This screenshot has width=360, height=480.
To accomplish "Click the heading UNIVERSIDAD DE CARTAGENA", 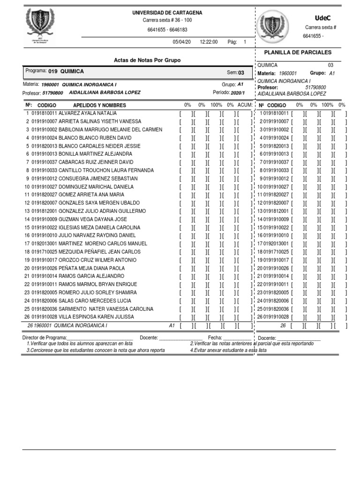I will click(167, 13).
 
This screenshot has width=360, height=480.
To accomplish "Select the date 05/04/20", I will click(182, 42).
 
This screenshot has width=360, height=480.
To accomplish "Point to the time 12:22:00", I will click(209, 42).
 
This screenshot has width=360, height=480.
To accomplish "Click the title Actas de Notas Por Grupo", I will click(147, 60).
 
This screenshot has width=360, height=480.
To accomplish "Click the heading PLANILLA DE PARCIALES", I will click(298, 52).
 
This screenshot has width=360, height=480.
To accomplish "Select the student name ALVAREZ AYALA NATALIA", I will click(88, 113).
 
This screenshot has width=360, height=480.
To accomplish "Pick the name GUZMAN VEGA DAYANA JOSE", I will click(93, 219).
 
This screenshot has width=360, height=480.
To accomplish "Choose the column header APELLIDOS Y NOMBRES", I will click(99, 105).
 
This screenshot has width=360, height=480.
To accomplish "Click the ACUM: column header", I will click(245, 105).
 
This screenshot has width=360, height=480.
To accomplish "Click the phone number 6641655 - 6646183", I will click(167, 30).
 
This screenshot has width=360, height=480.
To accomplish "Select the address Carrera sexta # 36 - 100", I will click(167, 21).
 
